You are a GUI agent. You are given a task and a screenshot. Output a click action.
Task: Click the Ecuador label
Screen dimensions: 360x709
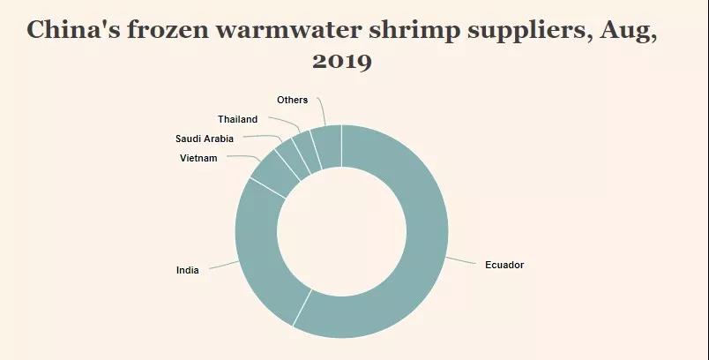click(504, 265)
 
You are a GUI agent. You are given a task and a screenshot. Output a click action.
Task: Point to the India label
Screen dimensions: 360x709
click(187, 270)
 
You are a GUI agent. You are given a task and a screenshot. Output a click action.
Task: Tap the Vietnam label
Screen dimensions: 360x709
click(198, 158)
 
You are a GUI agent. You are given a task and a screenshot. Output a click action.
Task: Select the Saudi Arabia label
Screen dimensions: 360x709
click(205, 139)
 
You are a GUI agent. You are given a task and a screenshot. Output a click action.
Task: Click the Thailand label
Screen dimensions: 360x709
click(237, 119)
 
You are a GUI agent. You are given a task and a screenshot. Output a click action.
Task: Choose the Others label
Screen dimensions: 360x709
click(292, 100)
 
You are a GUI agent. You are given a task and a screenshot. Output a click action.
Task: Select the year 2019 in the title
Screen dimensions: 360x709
click(342, 62)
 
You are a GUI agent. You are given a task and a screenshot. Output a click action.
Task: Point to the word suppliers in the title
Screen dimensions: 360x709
click(512, 31)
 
